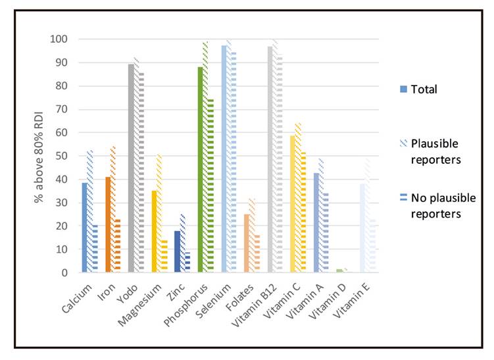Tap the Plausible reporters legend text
pos(434,152)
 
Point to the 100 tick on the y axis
pos(59,39)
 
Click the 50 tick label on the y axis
pos(61,156)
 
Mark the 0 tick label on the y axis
pos(64,272)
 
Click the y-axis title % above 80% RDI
pos(41,155)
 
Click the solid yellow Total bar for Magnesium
pos(154,231)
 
